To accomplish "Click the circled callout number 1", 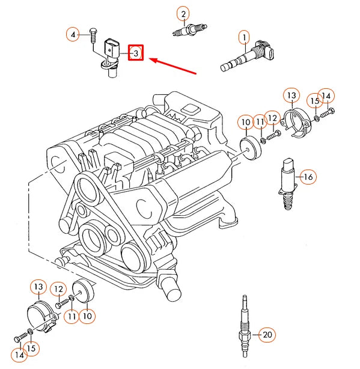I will [x=244, y=39].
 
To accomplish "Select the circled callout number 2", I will [x=183, y=13].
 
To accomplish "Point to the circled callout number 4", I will [x=73, y=35].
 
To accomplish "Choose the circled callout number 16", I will [x=307, y=177].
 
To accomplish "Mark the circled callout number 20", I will [x=267, y=335].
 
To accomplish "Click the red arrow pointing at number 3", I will [x=174, y=66].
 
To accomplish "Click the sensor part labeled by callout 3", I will [x=111, y=57].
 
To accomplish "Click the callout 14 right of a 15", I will [x=326, y=96].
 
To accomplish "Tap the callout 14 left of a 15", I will [x=20, y=356].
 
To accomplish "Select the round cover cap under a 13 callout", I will [x=41, y=315].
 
